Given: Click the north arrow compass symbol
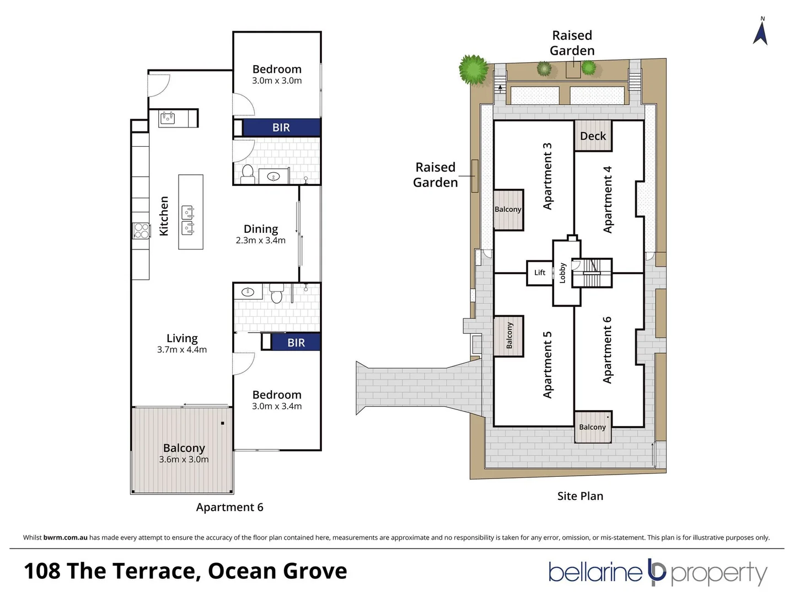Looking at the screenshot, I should tap(760, 32).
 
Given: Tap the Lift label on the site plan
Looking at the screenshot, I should tap(539, 273).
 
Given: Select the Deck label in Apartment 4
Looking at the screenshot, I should tap(593, 136).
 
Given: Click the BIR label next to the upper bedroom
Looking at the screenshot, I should tap(281, 127).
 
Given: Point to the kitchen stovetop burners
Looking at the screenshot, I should tap(142, 230).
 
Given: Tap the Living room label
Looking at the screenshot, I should tap(182, 338).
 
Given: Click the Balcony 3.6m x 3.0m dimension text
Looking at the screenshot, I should tap(184, 459).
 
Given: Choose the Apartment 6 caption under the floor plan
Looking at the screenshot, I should tap(229, 507).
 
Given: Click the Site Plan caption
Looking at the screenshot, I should tap(580, 496).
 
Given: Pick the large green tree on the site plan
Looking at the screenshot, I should tap(474, 70).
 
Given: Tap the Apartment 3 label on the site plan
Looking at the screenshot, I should tap(547, 176).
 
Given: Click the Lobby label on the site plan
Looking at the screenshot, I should tap(562, 273).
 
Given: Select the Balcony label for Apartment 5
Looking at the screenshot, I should tap(509, 336).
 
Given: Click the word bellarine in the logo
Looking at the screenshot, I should tap(595, 573).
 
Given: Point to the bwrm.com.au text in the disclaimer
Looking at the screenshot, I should tap(65, 538).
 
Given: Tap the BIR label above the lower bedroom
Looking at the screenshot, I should tap(296, 343).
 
